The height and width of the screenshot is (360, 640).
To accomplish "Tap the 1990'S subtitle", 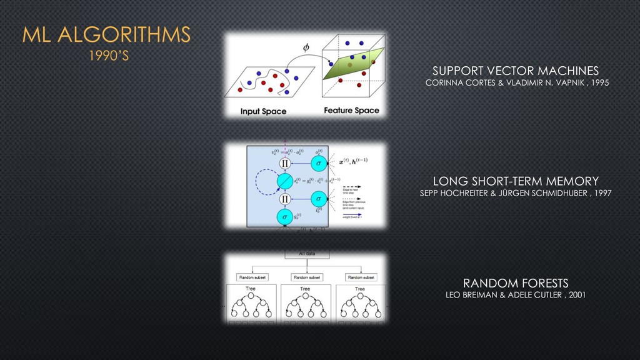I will click(108, 56).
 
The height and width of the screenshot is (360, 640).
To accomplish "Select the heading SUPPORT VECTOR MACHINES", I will click(516, 71).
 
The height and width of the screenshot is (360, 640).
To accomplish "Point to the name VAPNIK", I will click(567, 83).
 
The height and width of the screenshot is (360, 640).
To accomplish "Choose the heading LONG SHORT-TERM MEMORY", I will click(516, 181).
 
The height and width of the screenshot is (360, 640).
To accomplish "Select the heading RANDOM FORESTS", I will click(516, 283).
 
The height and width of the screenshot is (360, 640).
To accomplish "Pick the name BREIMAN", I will click(479, 295).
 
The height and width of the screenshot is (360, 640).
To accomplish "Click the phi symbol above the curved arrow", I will click(306, 47).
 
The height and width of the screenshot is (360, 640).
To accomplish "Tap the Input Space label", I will click(263, 111).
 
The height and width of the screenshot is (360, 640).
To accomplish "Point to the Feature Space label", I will click(351, 111).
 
